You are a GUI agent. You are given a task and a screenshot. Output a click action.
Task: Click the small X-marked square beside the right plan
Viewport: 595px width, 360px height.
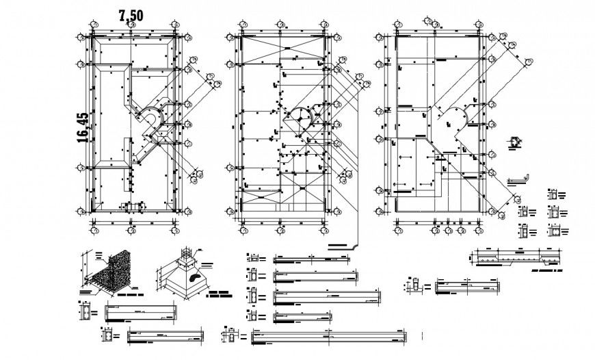(x=514, y=142)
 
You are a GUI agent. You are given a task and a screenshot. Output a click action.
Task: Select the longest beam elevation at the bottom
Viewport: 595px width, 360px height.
(x=329, y=335)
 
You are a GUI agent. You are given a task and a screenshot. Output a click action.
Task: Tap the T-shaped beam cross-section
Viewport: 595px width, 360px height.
(x=414, y=286)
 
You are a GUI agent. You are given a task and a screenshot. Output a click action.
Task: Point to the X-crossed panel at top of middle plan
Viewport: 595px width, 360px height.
(x=282, y=50)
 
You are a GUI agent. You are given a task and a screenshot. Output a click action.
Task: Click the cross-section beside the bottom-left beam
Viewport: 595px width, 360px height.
(x=109, y=336)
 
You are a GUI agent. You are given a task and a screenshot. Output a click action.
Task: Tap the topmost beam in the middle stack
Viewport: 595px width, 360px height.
(x=310, y=259)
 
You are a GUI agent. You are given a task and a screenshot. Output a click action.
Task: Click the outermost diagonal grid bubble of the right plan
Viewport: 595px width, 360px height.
(x=529, y=63)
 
